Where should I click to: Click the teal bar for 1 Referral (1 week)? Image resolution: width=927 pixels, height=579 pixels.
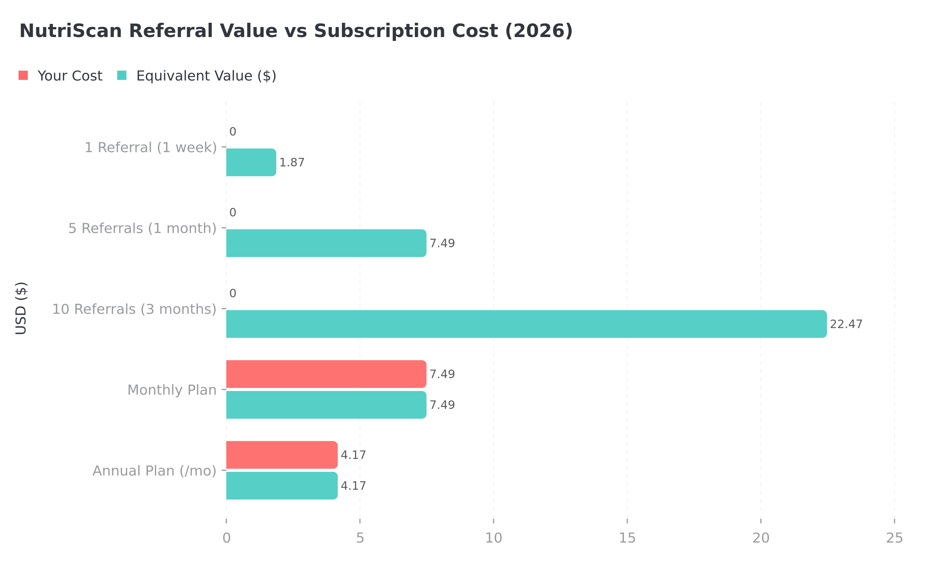pos(251,162)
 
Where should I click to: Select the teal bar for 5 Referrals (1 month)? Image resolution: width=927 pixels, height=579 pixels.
pos(326,243)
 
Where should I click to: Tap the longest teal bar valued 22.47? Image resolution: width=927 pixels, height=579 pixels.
pos(526,324)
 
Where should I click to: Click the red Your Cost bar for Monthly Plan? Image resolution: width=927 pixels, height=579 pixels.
pos(326,374)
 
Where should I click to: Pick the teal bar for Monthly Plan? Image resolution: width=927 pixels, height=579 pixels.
pos(326,405)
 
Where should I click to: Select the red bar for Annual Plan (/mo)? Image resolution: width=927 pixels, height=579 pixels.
pos(282,455)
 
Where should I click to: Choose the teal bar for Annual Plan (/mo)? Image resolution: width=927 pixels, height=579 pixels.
pos(282,486)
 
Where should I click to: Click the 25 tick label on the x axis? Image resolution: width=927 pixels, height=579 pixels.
pos(895,538)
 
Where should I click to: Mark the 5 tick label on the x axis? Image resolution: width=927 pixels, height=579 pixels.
pos(360,538)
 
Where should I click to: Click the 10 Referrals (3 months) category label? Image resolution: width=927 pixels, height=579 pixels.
pos(134,309)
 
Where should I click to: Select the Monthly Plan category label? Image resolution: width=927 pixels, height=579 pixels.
pos(172,390)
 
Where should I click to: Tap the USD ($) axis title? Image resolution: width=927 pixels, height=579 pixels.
pos(21,308)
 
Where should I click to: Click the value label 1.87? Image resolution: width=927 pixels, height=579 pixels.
pos(292,163)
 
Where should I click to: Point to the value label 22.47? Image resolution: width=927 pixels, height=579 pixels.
pos(846,324)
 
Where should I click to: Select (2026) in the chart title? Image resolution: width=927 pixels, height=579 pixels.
pos(539,31)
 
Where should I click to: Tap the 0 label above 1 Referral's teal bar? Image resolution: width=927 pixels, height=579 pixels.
pos(233,132)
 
